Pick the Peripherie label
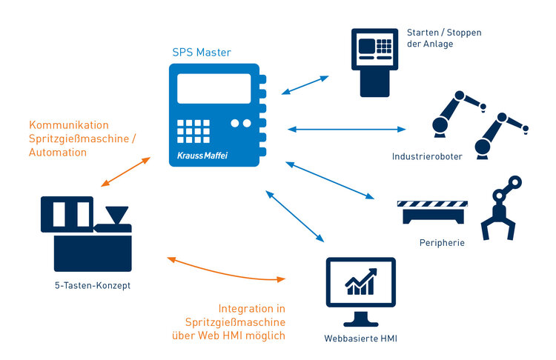[440, 242]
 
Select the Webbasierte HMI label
[360, 339]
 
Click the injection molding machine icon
[86, 233]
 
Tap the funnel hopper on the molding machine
[116, 216]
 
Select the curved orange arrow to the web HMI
[226, 270]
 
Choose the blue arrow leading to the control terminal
[305, 84]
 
